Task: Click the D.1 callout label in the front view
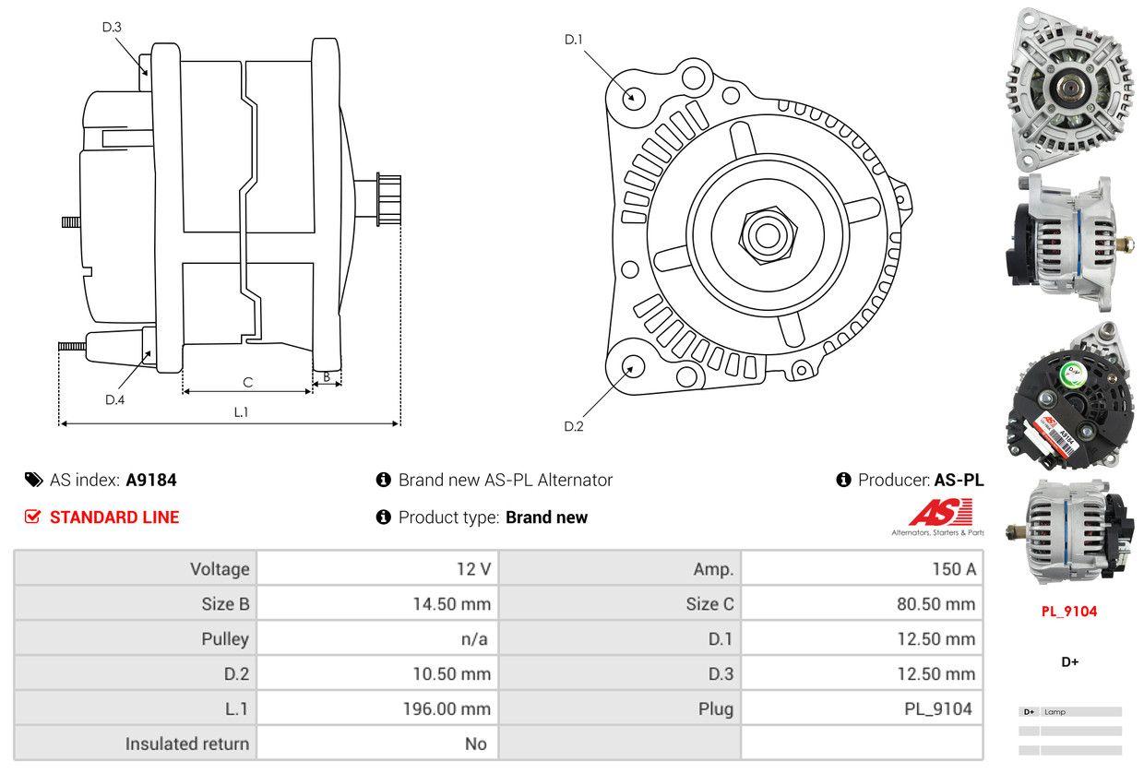(x=574, y=39)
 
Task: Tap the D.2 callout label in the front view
(x=574, y=426)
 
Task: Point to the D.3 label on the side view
(x=112, y=27)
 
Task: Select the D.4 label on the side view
(x=114, y=399)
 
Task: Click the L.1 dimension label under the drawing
(x=240, y=412)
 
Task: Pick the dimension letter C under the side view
(x=247, y=382)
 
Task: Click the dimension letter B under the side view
(x=327, y=376)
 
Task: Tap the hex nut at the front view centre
(x=765, y=233)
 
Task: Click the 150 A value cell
(x=953, y=569)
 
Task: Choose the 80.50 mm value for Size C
(x=935, y=604)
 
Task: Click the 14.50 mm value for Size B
(x=451, y=604)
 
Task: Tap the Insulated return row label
(x=187, y=743)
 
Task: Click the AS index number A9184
(x=151, y=480)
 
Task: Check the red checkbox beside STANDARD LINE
(x=33, y=517)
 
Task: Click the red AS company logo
(x=939, y=513)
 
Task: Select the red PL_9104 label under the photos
(x=1069, y=611)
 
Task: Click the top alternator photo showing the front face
(x=1070, y=88)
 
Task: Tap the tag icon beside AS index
(x=33, y=480)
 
